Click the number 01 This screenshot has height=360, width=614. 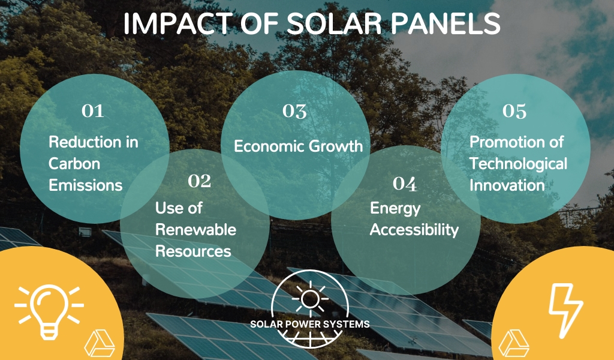[x=92, y=112]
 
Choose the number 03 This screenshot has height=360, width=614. [x=294, y=112]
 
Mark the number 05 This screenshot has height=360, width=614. [x=514, y=112]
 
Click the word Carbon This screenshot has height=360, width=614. [x=74, y=163]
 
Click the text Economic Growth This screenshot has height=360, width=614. [x=298, y=146]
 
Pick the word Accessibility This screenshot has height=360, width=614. [x=414, y=229]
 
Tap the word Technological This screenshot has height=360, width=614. [x=518, y=163]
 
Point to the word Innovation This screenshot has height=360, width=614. [x=507, y=185]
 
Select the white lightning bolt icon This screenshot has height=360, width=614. [x=565, y=308]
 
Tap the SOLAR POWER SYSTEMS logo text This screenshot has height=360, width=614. [x=310, y=325]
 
